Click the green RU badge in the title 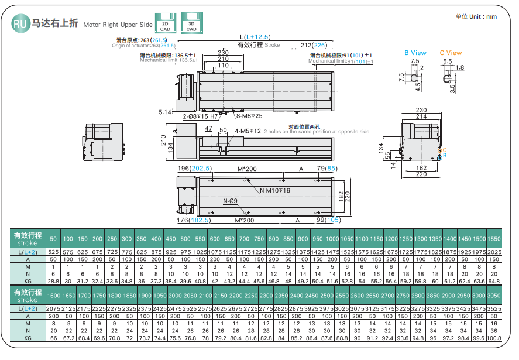coord(20,23)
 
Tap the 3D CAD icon coord(191,22)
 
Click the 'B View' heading coord(415,53)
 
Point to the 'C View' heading coord(451,53)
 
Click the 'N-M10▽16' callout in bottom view coord(274,191)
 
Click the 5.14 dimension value coord(166,111)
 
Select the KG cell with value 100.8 coord(494,338)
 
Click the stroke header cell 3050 coord(494,297)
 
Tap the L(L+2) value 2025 coord(494,251)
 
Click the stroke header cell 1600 coord(53,297)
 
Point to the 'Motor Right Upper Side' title coord(118,25)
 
